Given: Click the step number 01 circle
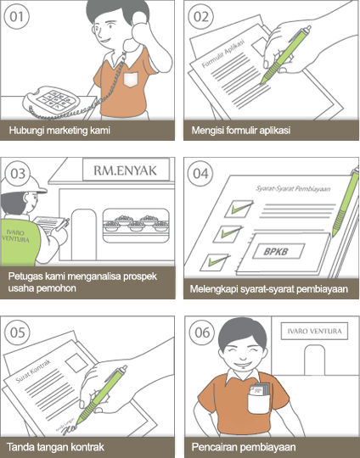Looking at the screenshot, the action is click(16, 17).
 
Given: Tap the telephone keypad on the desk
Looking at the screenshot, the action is click(55, 100).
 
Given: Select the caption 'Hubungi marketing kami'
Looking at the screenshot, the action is click(59, 131).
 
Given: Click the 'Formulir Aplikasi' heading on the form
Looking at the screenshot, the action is click(222, 53).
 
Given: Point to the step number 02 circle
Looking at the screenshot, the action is click(201, 17).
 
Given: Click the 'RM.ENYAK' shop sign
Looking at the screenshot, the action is click(126, 170).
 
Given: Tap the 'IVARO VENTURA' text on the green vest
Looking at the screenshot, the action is click(16, 236).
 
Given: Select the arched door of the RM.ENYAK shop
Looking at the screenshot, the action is click(84, 235).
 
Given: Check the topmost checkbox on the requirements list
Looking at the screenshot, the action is click(239, 209).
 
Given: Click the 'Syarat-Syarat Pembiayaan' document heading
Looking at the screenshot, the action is click(293, 188).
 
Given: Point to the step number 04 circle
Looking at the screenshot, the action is click(200, 174).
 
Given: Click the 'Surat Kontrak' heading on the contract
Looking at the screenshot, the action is click(33, 371).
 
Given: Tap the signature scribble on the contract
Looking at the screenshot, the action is click(67, 428).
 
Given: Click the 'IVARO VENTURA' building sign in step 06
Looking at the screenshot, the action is click(314, 331).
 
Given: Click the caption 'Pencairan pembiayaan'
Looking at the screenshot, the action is click(244, 447).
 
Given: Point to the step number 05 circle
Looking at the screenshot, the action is click(18, 332).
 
